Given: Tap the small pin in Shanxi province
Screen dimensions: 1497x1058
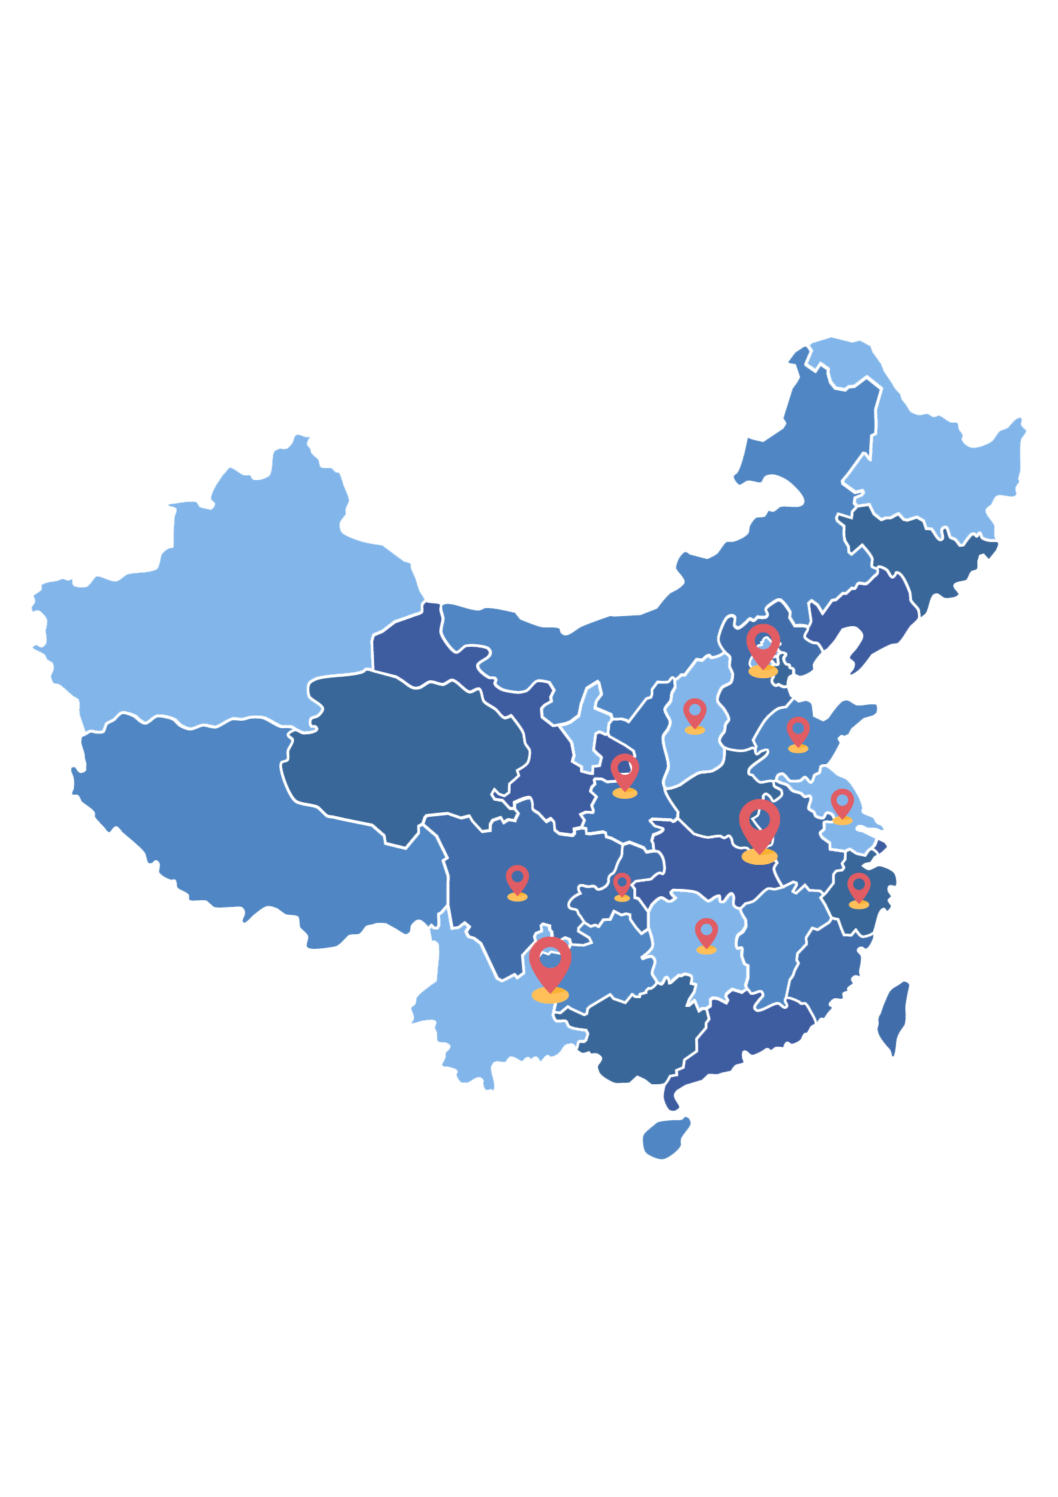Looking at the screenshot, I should pos(695,712).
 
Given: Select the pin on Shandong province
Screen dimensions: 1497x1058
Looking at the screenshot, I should pos(798,731).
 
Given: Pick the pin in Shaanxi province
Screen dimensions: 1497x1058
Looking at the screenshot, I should pos(625,771).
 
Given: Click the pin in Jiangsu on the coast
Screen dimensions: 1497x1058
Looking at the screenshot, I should pos(842,803).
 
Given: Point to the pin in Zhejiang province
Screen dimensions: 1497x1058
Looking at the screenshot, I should pos(859,887).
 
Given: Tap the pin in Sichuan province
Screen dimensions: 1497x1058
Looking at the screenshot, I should pos(517,880).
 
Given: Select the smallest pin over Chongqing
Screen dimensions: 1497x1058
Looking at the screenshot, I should pos(622,884).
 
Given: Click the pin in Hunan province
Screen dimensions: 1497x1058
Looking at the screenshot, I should pos(706,932).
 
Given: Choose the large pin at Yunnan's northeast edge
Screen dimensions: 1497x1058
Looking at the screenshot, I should pos(550,963).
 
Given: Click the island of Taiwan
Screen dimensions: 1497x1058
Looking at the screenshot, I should pos(893,1017).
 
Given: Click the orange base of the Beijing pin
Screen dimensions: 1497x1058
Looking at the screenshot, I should pos(763,671).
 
